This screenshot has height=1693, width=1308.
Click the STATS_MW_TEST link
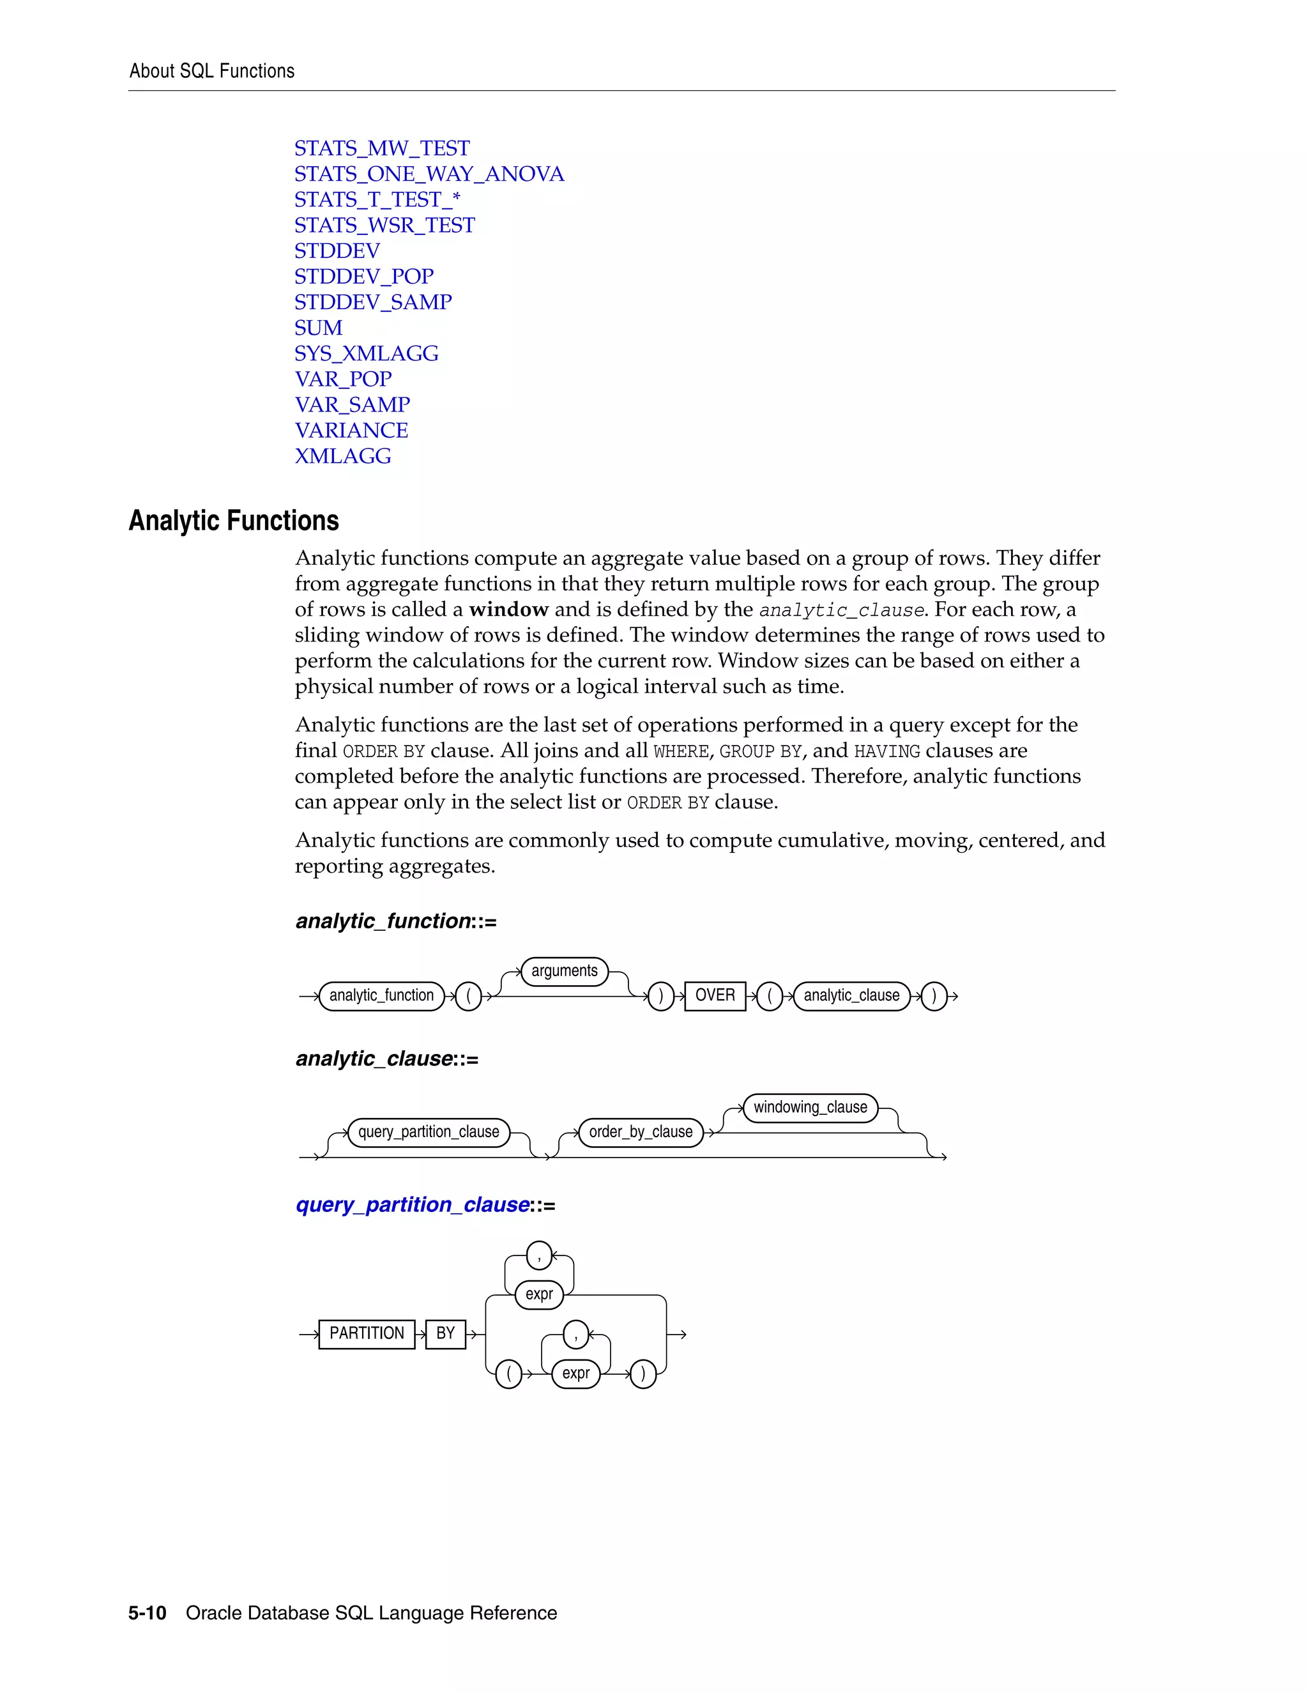(381, 148)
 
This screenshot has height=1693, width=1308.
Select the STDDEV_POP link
(363, 276)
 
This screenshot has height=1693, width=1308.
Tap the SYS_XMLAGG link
(366, 353)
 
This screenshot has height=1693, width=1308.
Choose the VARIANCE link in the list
(351, 430)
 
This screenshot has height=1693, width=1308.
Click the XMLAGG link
(342, 456)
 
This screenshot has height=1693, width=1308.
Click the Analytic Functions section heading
(233, 520)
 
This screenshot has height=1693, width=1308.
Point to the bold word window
(508, 609)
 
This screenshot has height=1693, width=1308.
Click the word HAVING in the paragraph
(886, 751)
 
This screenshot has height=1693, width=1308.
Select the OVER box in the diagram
(715, 995)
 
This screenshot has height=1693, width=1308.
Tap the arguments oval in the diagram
(564, 971)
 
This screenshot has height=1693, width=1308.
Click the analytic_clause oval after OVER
(851, 995)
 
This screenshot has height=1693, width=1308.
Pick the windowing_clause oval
(810, 1108)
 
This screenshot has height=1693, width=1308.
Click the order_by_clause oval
(640, 1132)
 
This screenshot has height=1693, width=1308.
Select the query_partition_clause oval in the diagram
(429, 1132)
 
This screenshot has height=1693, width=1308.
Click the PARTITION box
(367, 1333)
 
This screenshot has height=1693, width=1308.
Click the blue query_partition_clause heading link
(412, 1205)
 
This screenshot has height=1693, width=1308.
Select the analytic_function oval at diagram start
(381, 995)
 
